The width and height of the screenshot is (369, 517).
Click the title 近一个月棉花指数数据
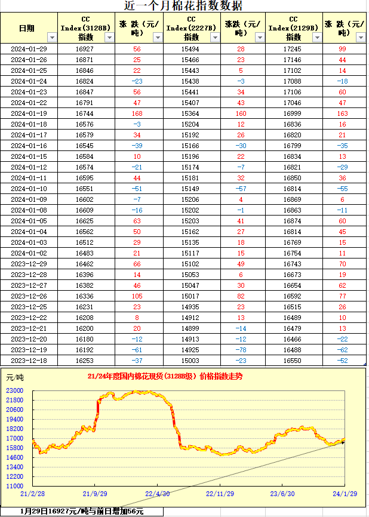(x=183, y=7)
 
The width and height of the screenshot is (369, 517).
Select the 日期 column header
(x=27, y=28)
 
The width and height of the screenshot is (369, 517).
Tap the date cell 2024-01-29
(x=29, y=49)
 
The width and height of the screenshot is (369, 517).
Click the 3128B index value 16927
(x=84, y=49)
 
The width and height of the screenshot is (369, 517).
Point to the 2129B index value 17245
(x=293, y=49)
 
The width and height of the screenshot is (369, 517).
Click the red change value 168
(x=137, y=113)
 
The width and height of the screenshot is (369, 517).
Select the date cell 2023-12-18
(x=29, y=361)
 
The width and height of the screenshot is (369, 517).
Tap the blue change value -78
(x=241, y=350)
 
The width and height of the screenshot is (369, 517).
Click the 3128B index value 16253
(x=84, y=361)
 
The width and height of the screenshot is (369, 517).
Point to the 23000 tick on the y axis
(x=15, y=390)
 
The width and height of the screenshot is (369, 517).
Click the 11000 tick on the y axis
(x=15, y=486)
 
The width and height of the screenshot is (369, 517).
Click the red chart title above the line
(x=165, y=377)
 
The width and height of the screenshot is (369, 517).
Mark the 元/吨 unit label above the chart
(x=15, y=377)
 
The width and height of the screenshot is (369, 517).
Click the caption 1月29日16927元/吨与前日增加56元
(x=82, y=512)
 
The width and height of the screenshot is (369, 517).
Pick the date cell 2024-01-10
(x=29, y=189)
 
